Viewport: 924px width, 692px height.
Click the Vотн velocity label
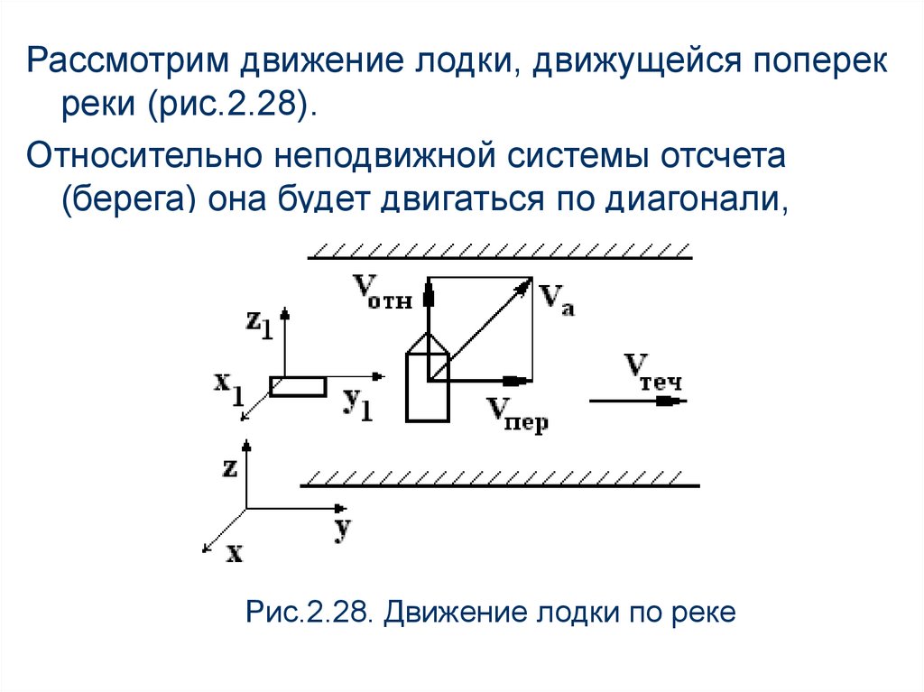coord(382,292)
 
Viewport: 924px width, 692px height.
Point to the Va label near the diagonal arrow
coord(557,298)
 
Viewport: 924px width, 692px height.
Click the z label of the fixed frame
coord(229,467)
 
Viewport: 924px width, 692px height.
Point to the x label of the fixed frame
coord(234,552)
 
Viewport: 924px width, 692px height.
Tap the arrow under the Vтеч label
coord(636,400)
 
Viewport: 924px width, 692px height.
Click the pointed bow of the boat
coord(428,338)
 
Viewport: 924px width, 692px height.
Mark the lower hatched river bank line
coord(501,484)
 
